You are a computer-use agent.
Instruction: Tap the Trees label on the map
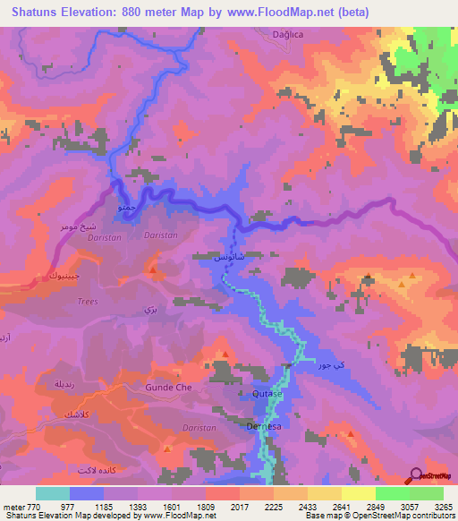(x=87, y=301)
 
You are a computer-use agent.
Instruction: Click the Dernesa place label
(x=266, y=426)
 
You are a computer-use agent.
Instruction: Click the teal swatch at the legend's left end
(x=52, y=493)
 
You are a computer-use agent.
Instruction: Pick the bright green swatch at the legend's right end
(x=427, y=493)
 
